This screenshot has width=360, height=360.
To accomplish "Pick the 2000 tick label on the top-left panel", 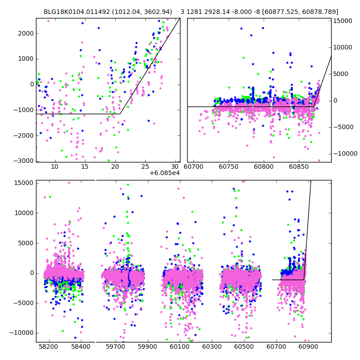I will (x=26, y=33).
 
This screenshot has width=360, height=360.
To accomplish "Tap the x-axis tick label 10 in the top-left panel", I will (x=54, y=166).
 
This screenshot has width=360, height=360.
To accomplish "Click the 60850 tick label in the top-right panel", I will (x=298, y=166).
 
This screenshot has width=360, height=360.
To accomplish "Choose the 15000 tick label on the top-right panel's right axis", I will (x=342, y=21).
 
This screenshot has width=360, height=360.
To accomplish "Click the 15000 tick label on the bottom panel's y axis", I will (x=24, y=183).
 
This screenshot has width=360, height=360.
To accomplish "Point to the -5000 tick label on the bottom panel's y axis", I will (x=24, y=302).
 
